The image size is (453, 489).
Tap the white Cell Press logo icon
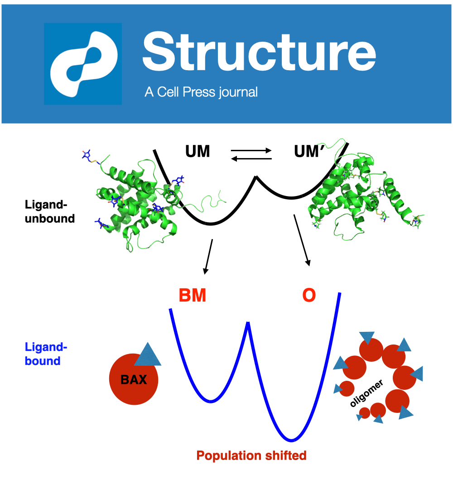click(x=83, y=64)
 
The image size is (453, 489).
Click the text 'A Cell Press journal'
click(x=201, y=92)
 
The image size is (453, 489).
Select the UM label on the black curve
click(x=198, y=151)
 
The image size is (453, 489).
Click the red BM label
click(x=193, y=296)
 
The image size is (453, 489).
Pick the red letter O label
click(x=309, y=296)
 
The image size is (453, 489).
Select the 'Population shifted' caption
click(x=251, y=455)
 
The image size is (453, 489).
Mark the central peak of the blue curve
click(x=248, y=323)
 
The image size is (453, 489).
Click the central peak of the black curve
click(x=256, y=177)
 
